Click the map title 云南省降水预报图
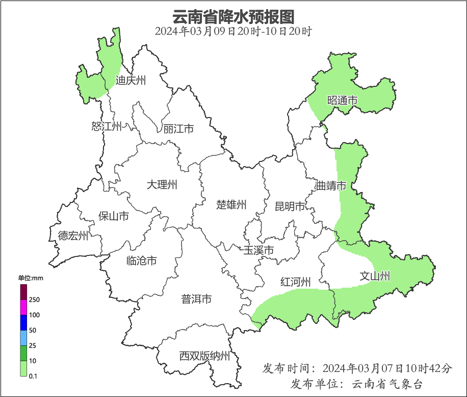click(233, 16)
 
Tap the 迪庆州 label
click(131, 80)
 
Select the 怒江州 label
click(107, 126)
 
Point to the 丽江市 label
click(178, 129)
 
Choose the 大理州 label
click(162, 184)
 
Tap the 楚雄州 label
click(231, 205)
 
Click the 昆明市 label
click(290, 206)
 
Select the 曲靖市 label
click(331, 185)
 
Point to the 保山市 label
click(113, 216)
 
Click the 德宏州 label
click(73, 236)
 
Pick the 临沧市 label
click(141, 261)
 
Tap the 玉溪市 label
click(258, 250)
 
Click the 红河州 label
click(295, 282)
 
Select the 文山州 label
click(375, 276)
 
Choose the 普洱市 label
click(196, 299)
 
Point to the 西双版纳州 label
click(204, 356)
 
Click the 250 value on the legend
click(35, 299)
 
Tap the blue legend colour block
click(23, 322)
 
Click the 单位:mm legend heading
click(31, 278)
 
